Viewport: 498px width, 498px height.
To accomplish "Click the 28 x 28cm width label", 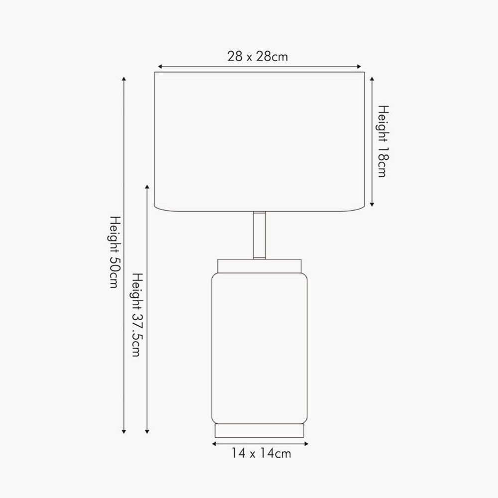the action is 257,57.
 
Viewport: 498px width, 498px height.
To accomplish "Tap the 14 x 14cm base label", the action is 261,453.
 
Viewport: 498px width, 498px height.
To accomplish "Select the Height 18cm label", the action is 383,141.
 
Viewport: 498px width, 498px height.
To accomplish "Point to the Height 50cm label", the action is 116,252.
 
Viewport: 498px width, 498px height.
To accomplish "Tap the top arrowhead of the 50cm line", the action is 124,79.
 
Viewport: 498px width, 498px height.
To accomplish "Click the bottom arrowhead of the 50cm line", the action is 124,431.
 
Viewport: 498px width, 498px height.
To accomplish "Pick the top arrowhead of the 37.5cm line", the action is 147,187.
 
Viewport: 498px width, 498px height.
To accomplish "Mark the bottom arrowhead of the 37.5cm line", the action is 147,431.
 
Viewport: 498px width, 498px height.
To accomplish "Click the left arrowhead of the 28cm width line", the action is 160,67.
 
